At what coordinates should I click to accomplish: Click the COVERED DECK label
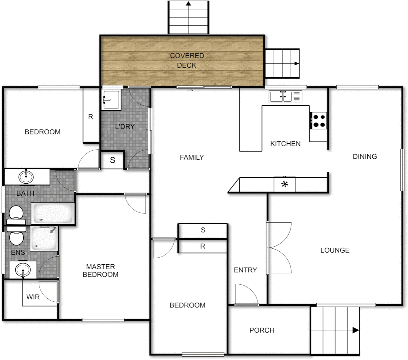pyautogui.click(x=187, y=60)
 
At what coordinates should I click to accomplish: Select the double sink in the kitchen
pyautogui.click(x=281, y=97)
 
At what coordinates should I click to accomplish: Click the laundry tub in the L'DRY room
pyautogui.click(x=111, y=100)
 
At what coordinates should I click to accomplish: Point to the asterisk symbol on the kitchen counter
pyautogui.click(x=285, y=184)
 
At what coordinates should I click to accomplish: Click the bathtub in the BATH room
pyautogui.click(x=53, y=214)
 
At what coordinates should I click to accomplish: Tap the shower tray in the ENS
pyautogui.click(x=44, y=239)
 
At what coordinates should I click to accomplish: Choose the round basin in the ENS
pyautogui.click(x=23, y=269)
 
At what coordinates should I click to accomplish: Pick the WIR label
pyautogui.click(x=33, y=297)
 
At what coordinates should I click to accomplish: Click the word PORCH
pyautogui.click(x=262, y=330)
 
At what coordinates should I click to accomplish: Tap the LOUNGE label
pyautogui.click(x=335, y=250)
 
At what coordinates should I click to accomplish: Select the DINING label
pyautogui.click(x=365, y=156)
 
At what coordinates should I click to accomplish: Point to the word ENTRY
pyautogui.click(x=245, y=270)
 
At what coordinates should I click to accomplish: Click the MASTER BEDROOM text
pyautogui.click(x=100, y=270)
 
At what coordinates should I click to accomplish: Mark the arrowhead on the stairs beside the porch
pyautogui.click(x=356, y=330)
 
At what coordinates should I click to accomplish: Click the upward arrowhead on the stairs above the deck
pyautogui.click(x=188, y=4)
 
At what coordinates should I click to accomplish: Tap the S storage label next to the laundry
pyautogui.click(x=112, y=160)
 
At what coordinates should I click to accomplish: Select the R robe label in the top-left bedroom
pyautogui.click(x=90, y=117)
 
